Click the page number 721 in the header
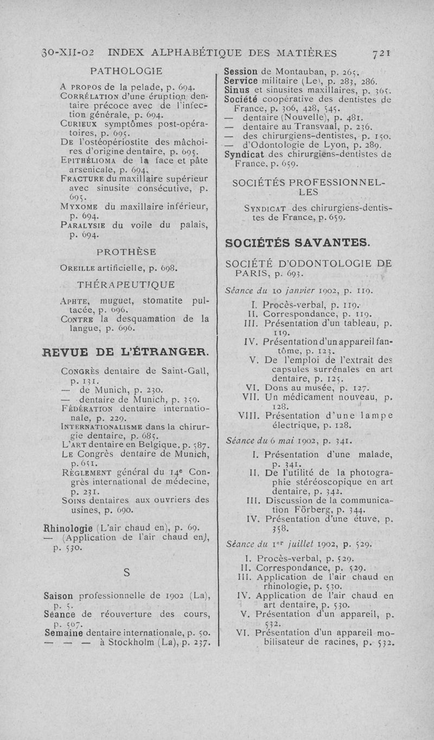pyautogui.click(x=382, y=53)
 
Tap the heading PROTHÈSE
pyautogui.click(x=126, y=252)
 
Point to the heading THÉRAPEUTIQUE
pyautogui.click(x=127, y=284)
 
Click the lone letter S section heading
pyautogui.click(x=126, y=572)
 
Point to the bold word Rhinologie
pyautogui.click(x=69, y=526)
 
